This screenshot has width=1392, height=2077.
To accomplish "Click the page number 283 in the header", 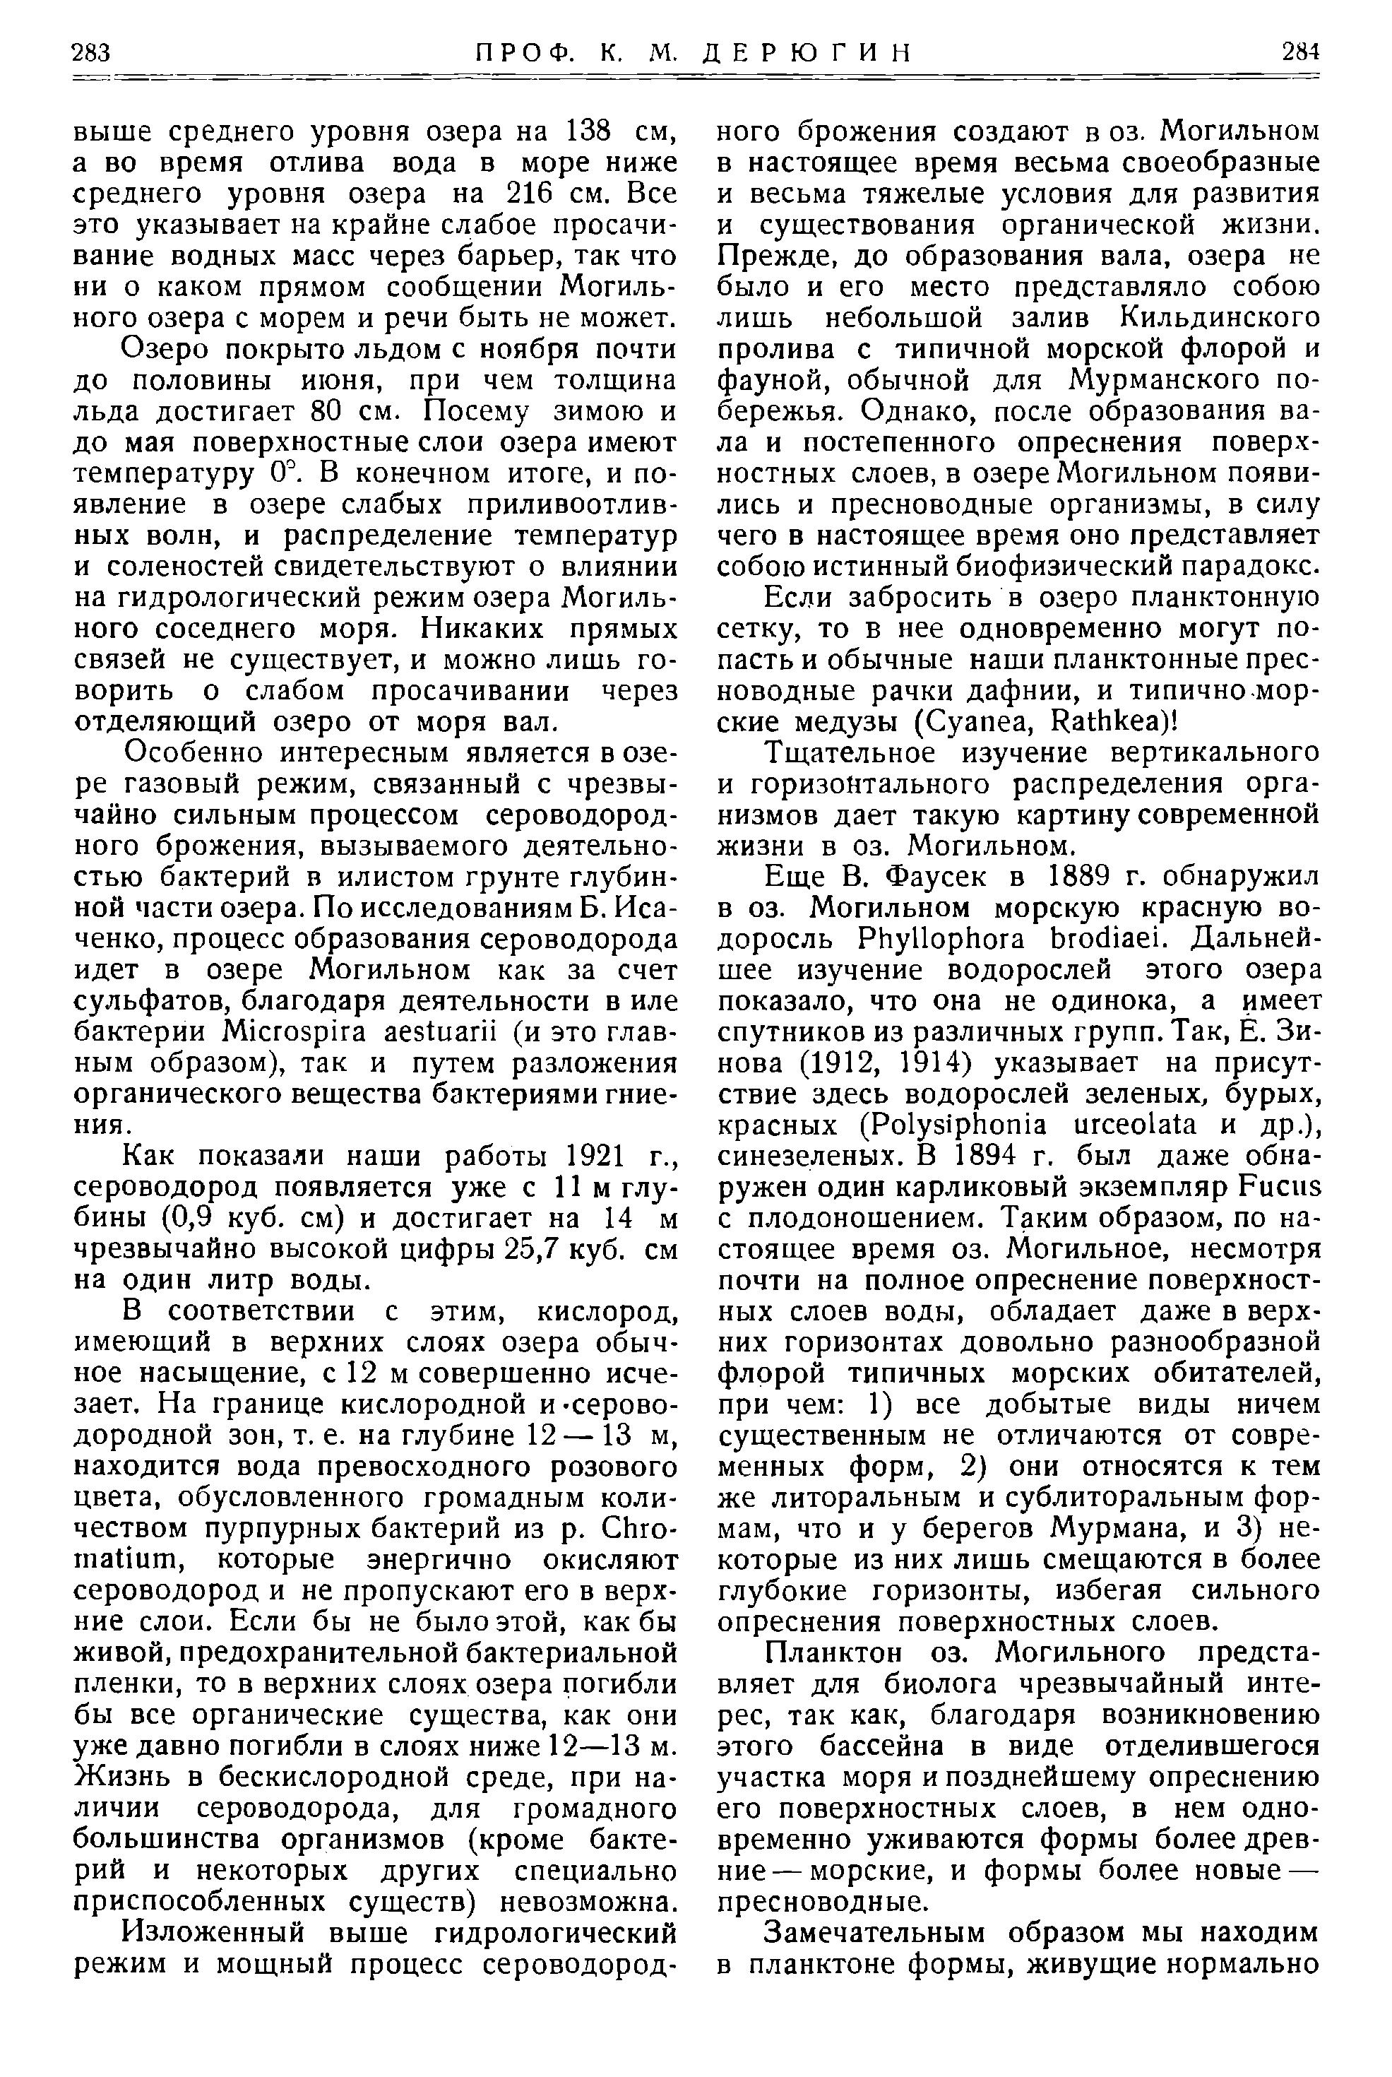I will (90, 52).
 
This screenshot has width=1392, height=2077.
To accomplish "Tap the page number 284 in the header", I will (1299, 52).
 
